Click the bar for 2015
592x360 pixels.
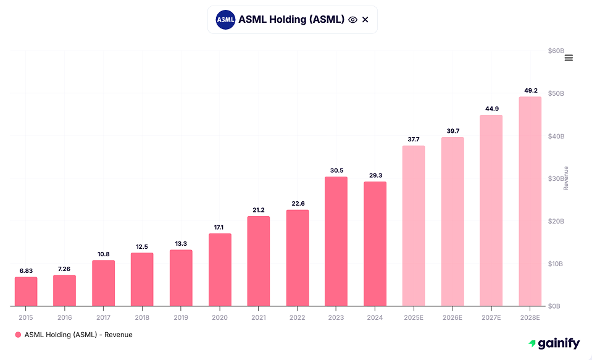coord(26,291)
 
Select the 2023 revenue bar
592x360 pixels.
coord(336,241)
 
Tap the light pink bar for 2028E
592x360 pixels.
coord(530,201)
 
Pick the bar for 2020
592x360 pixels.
coord(220,270)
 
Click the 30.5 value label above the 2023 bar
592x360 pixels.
coord(336,170)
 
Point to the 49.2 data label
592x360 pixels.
coord(530,90)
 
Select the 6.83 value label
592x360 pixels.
coord(26,270)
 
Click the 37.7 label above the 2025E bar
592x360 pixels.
coord(414,139)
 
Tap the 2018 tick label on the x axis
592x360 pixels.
coord(142,317)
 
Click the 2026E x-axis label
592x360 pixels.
coord(452,317)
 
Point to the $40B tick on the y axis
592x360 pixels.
coord(556,136)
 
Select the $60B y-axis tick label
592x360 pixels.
coord(556,51)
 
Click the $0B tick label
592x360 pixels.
coord(556,306)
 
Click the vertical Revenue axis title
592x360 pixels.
coord(565,178)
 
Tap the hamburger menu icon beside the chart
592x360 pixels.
coord(569,57)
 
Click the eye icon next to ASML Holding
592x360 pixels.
coord(352,20)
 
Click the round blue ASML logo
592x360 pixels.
coord(225,20)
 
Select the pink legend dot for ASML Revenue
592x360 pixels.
coord(18,335)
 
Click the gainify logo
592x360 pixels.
coord(554,343)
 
